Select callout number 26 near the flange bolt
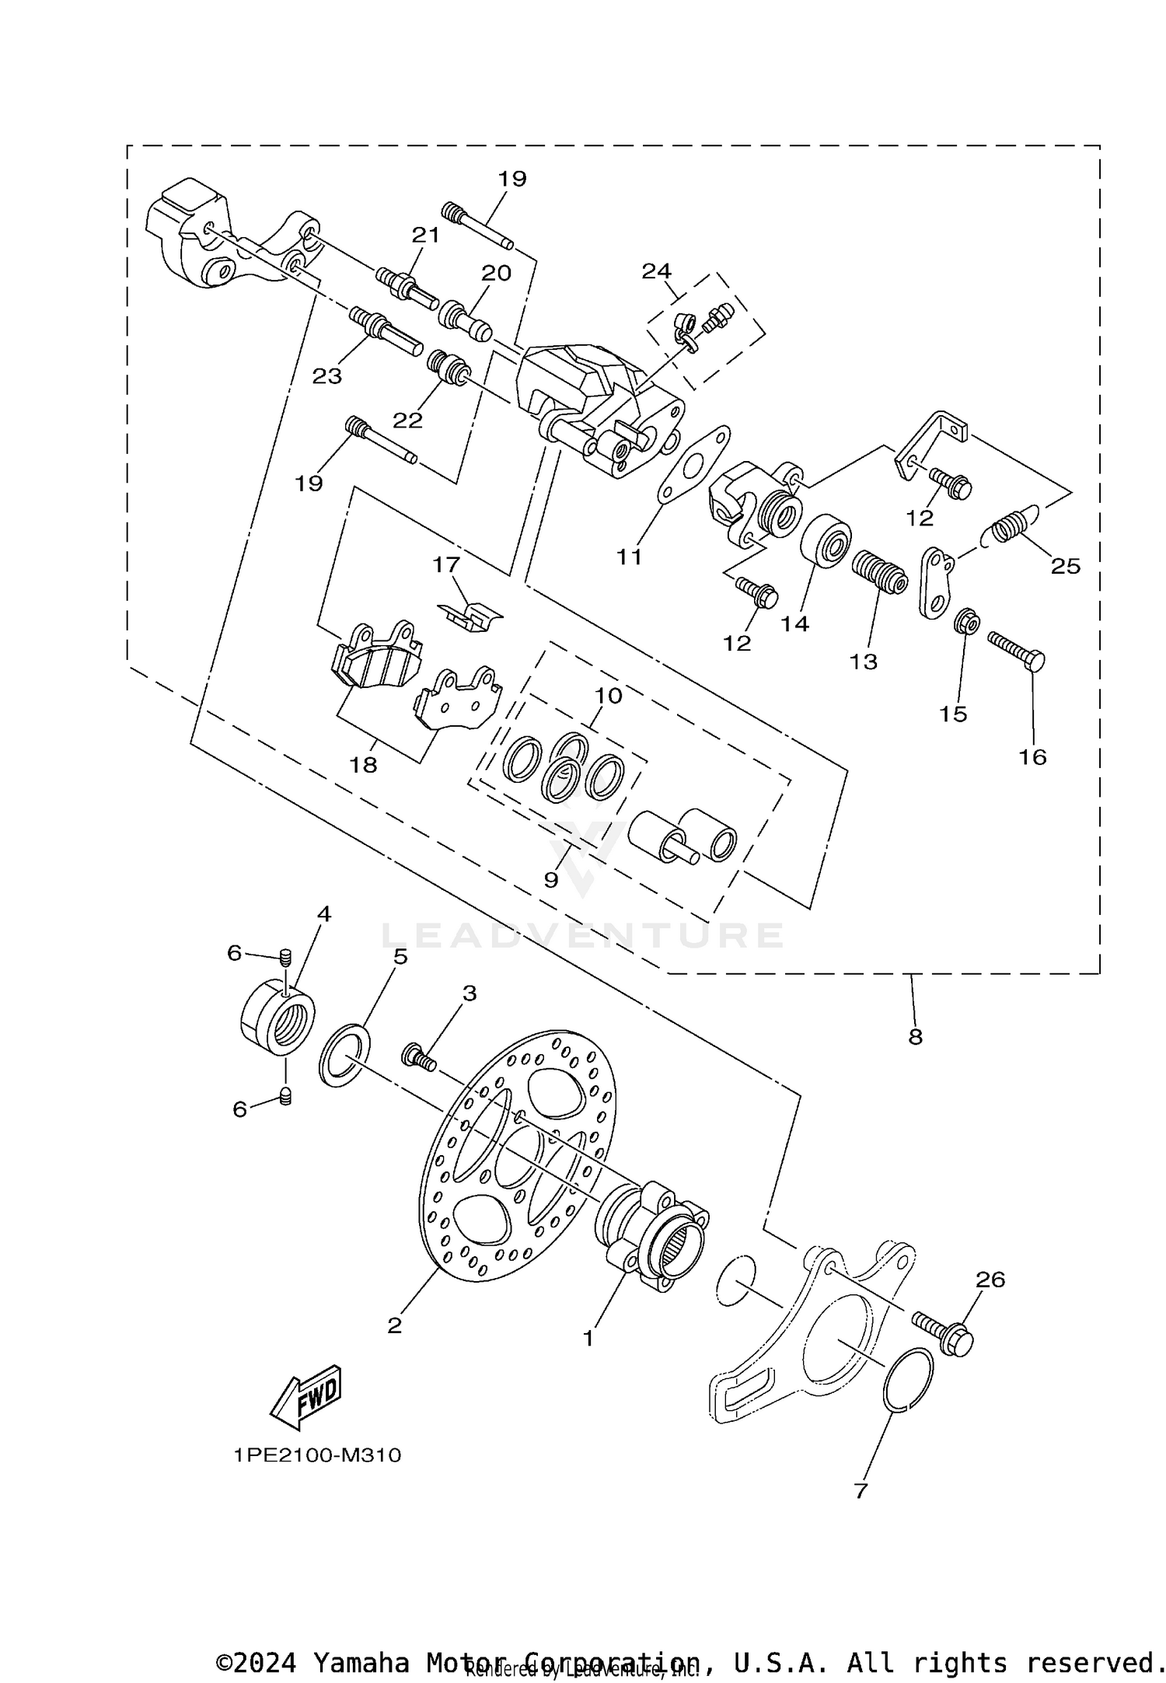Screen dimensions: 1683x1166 (x=990, y=1279)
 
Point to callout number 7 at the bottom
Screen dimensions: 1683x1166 (x=861, y=1491)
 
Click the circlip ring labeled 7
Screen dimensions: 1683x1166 (x=909, y=1378)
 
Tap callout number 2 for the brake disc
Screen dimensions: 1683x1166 (x=395, y=1325)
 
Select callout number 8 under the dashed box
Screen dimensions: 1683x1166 (x=915, y=1036)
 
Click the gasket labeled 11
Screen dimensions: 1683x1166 (x=694, y=464)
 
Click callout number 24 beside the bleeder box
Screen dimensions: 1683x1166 (x=656, y=271)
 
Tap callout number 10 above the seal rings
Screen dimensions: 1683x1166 (x=609, y=696)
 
